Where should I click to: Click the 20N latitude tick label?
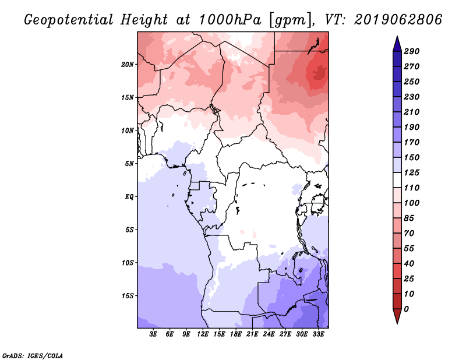point(127,65)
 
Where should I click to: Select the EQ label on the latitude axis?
point(129,197)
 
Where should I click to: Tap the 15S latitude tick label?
point(128,296)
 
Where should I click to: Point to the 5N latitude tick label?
point(129,164)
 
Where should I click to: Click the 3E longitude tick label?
point(153,334)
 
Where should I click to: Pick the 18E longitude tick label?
point(236,334)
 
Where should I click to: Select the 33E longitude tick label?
point(318,334)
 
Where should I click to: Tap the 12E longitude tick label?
point(203,334)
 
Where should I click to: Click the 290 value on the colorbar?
point(412,51)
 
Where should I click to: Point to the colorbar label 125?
point(412,172)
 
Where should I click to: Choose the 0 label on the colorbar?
point(406,309)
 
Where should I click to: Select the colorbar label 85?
point(409,218)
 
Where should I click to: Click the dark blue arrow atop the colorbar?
point(397,44)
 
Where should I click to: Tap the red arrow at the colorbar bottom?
point(397,316)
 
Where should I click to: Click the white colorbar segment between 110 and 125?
point(397,180)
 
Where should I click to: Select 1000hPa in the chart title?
point(230,20)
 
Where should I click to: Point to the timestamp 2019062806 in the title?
point(398,20)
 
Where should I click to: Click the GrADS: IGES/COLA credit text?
point(33,356)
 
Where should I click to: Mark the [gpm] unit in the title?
point(292,20)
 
